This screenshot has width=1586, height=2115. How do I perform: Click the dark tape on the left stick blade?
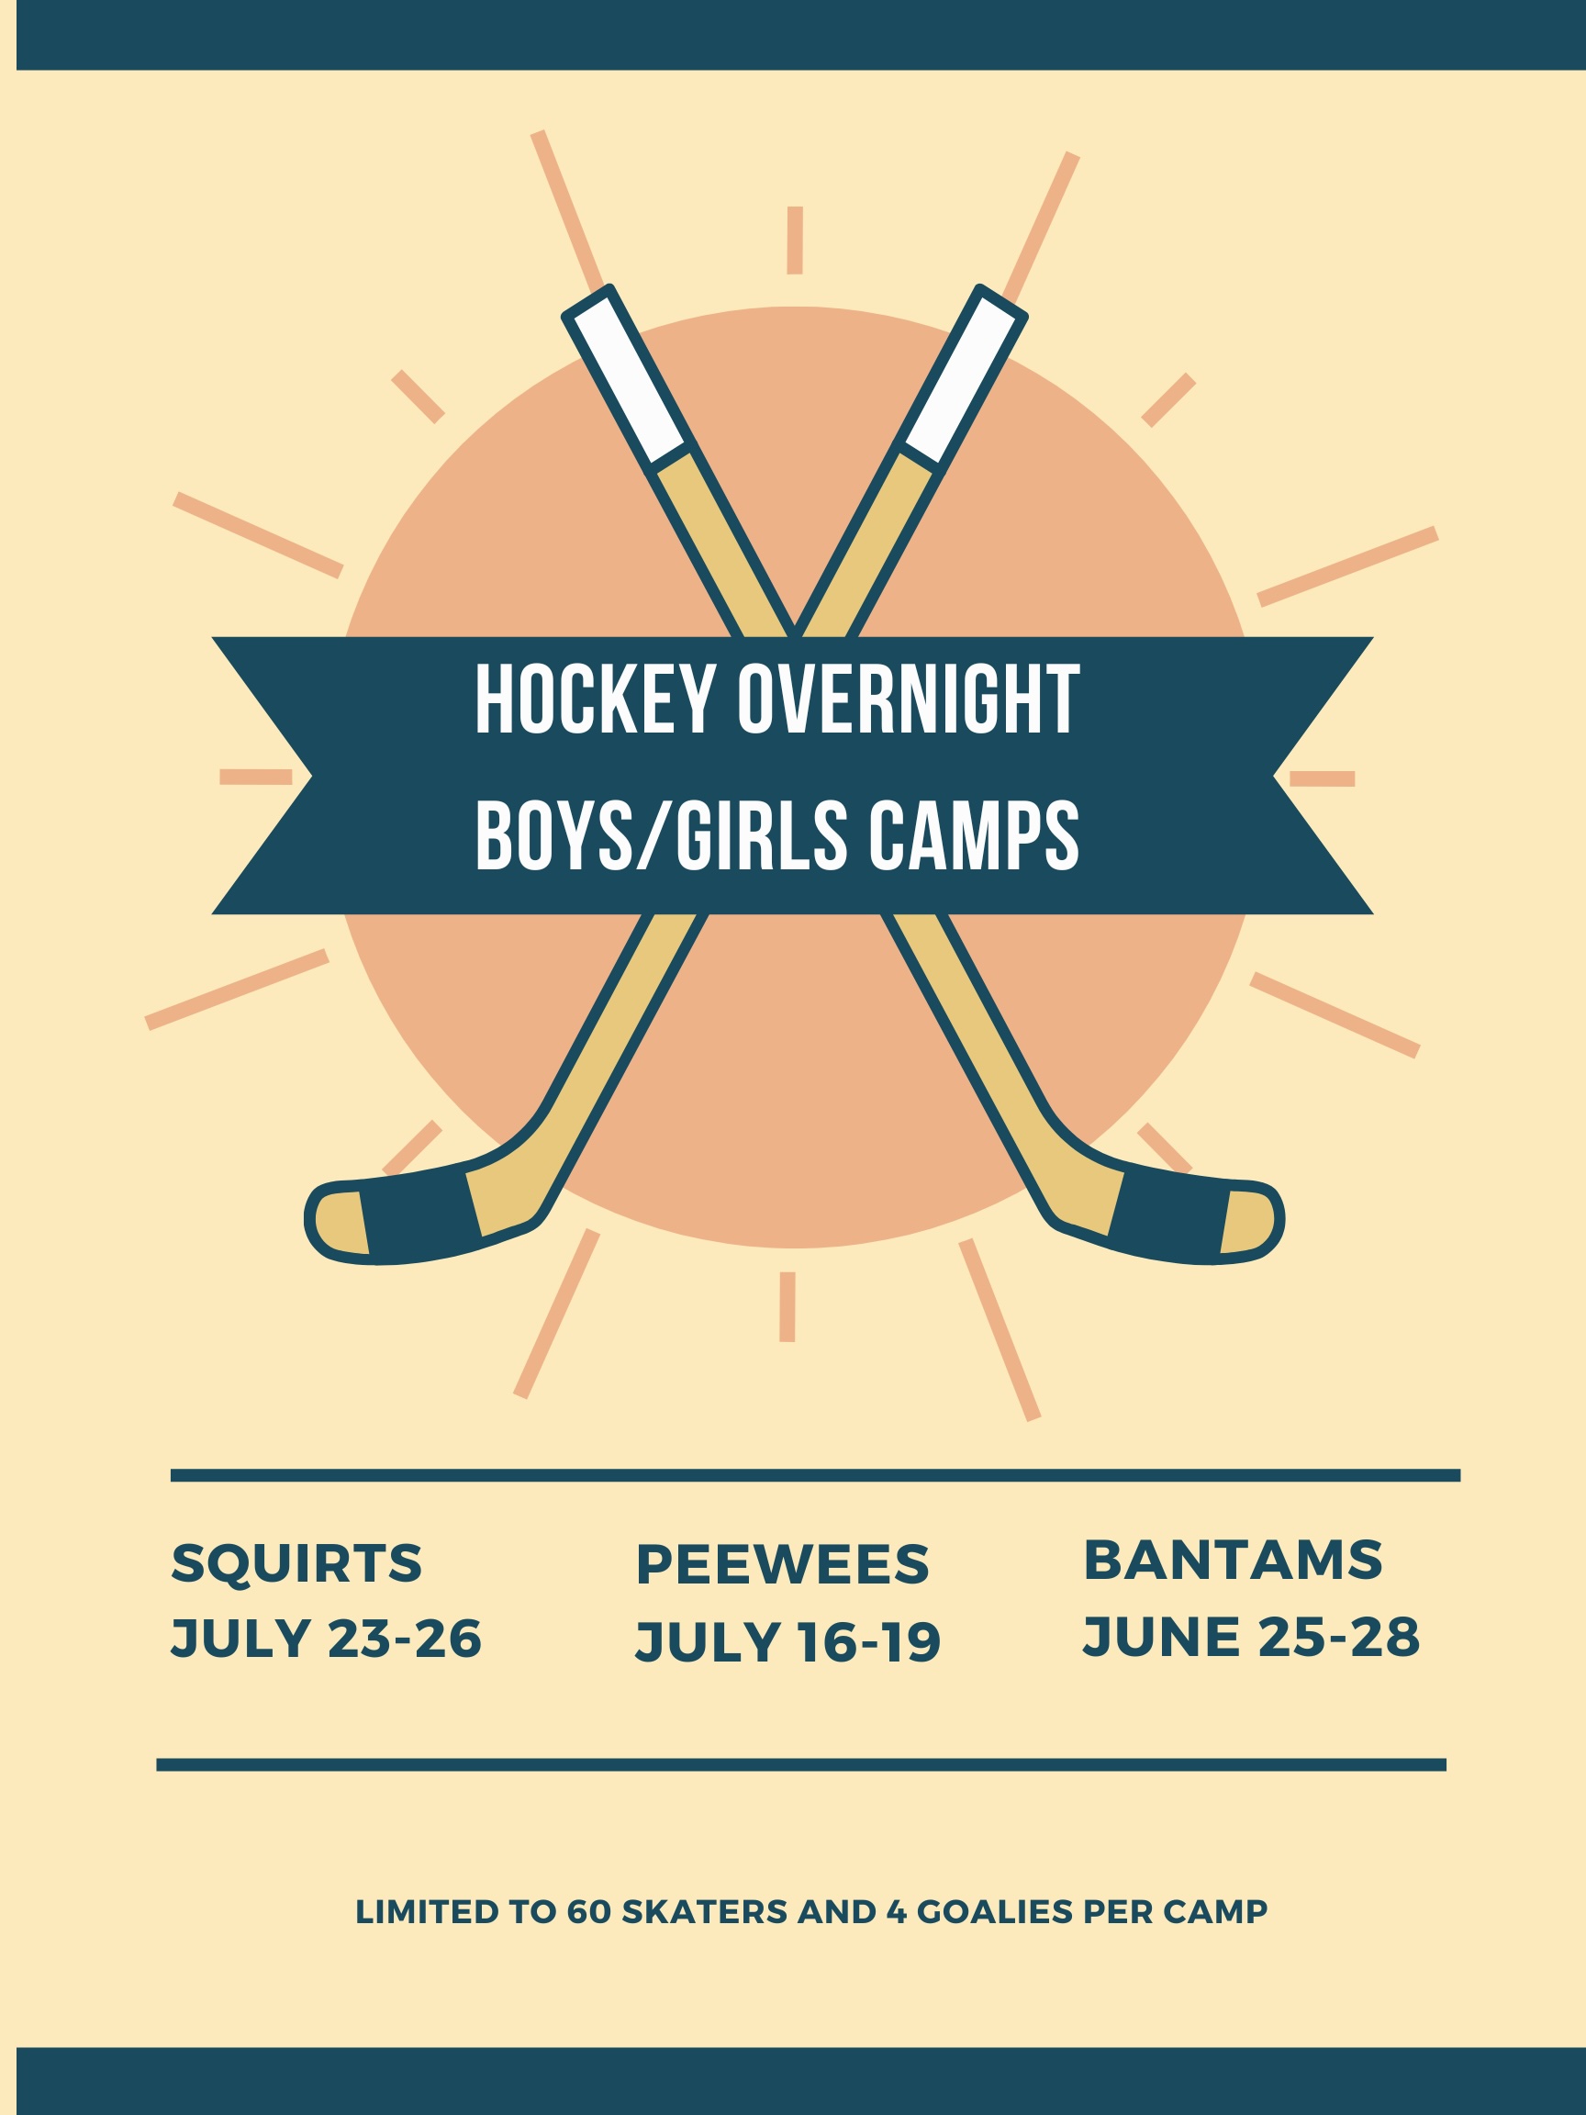(421, 1213)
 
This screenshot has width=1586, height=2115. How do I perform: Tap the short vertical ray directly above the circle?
(795, 240)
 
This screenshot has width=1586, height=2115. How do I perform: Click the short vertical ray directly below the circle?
(787, 1307)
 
